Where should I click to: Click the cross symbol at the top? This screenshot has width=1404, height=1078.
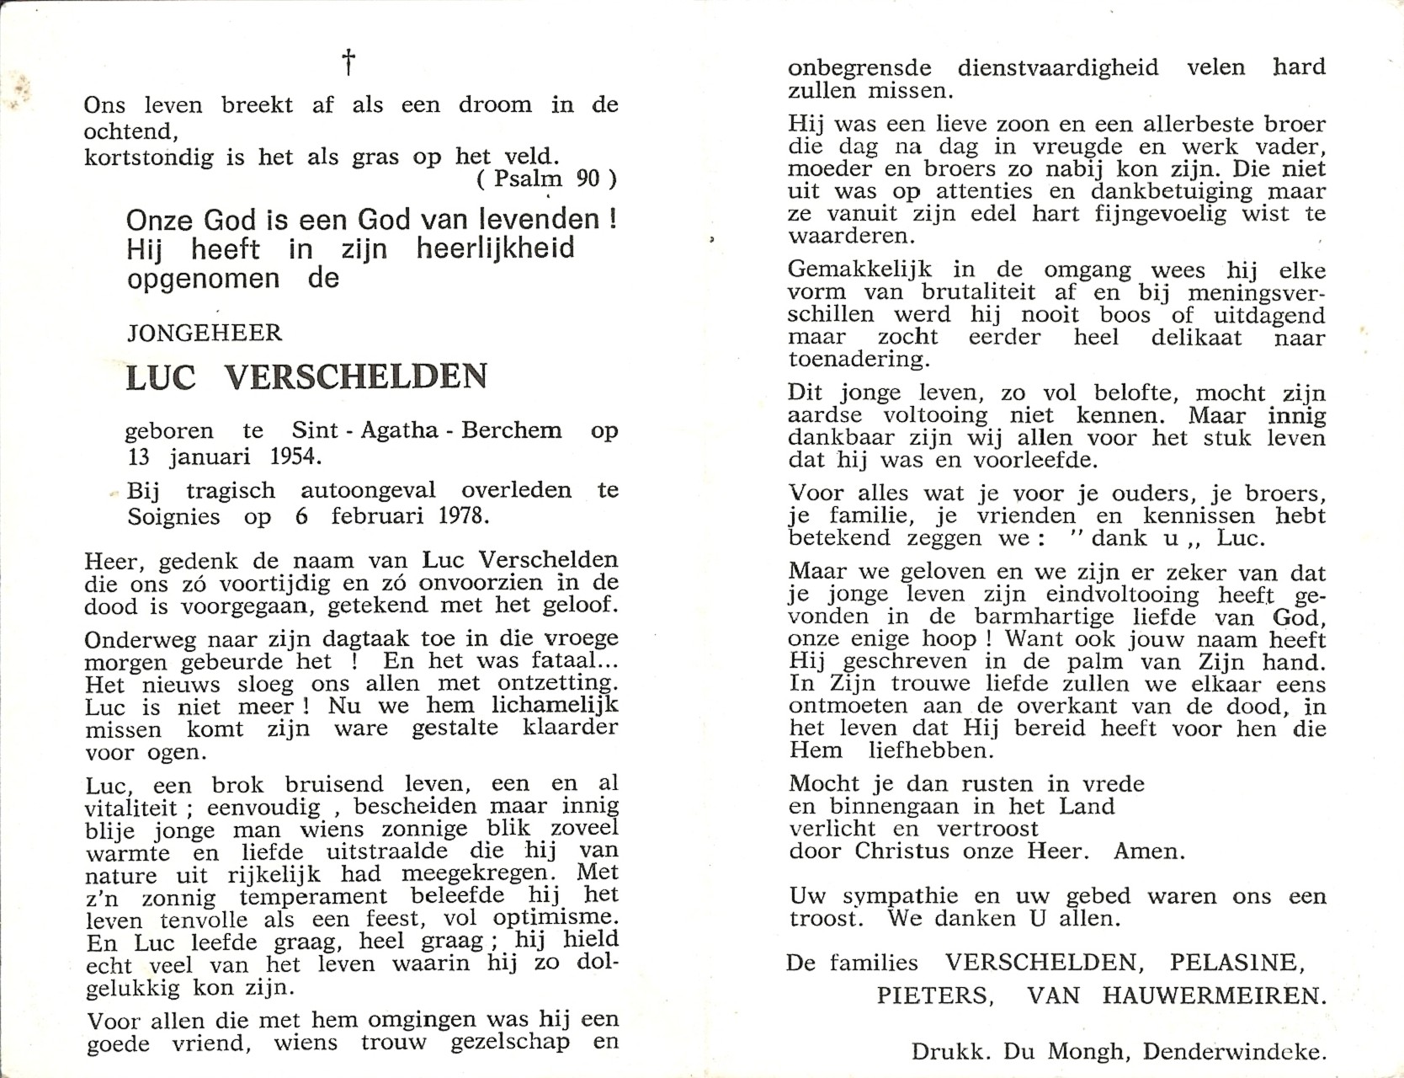(348, 61)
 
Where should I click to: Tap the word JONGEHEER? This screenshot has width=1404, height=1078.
(205, 334)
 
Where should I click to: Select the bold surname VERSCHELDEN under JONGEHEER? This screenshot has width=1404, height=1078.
(355, 376)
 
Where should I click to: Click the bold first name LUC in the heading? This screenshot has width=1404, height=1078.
(161, 376)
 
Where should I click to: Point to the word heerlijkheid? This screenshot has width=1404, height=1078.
(495, 249)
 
